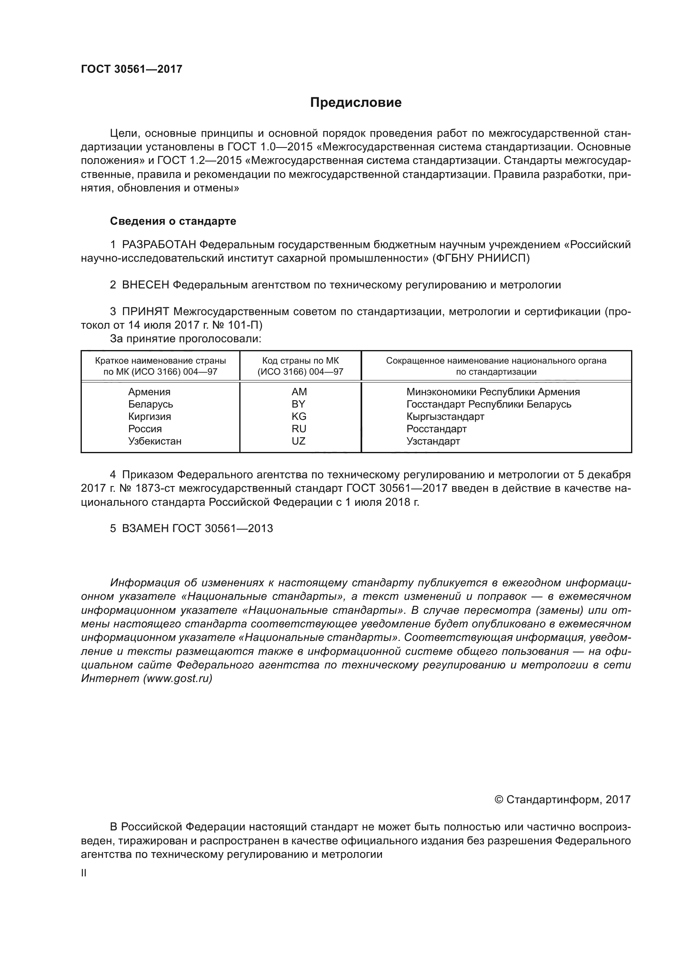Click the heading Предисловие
pos(356,103)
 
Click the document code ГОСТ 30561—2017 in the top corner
pos(132,69)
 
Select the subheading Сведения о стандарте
pos(173,221)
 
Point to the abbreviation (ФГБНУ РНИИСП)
pos(481,258)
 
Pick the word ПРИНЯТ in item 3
pos(145,311)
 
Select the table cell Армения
pos(149,392)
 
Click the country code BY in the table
pos(298,404)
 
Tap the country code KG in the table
pos(299,417)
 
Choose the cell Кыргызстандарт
pos(445,417)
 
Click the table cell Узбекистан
pos(155,441)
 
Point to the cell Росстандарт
pos(436,429)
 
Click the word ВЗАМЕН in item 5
pos(145,528)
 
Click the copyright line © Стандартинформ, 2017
pos(562,800)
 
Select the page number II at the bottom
pos(84,873)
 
